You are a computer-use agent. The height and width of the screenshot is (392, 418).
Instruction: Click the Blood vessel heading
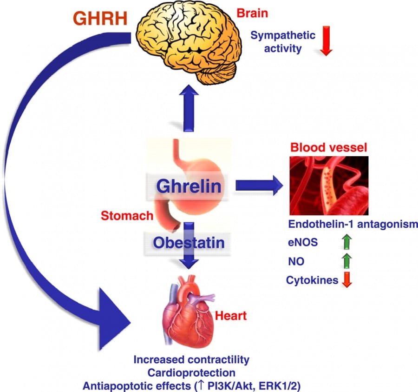328,148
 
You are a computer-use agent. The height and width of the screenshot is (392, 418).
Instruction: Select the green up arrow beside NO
345,261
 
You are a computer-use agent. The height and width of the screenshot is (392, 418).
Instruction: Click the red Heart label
230,317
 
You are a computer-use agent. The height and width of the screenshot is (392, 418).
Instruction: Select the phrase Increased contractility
191,359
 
